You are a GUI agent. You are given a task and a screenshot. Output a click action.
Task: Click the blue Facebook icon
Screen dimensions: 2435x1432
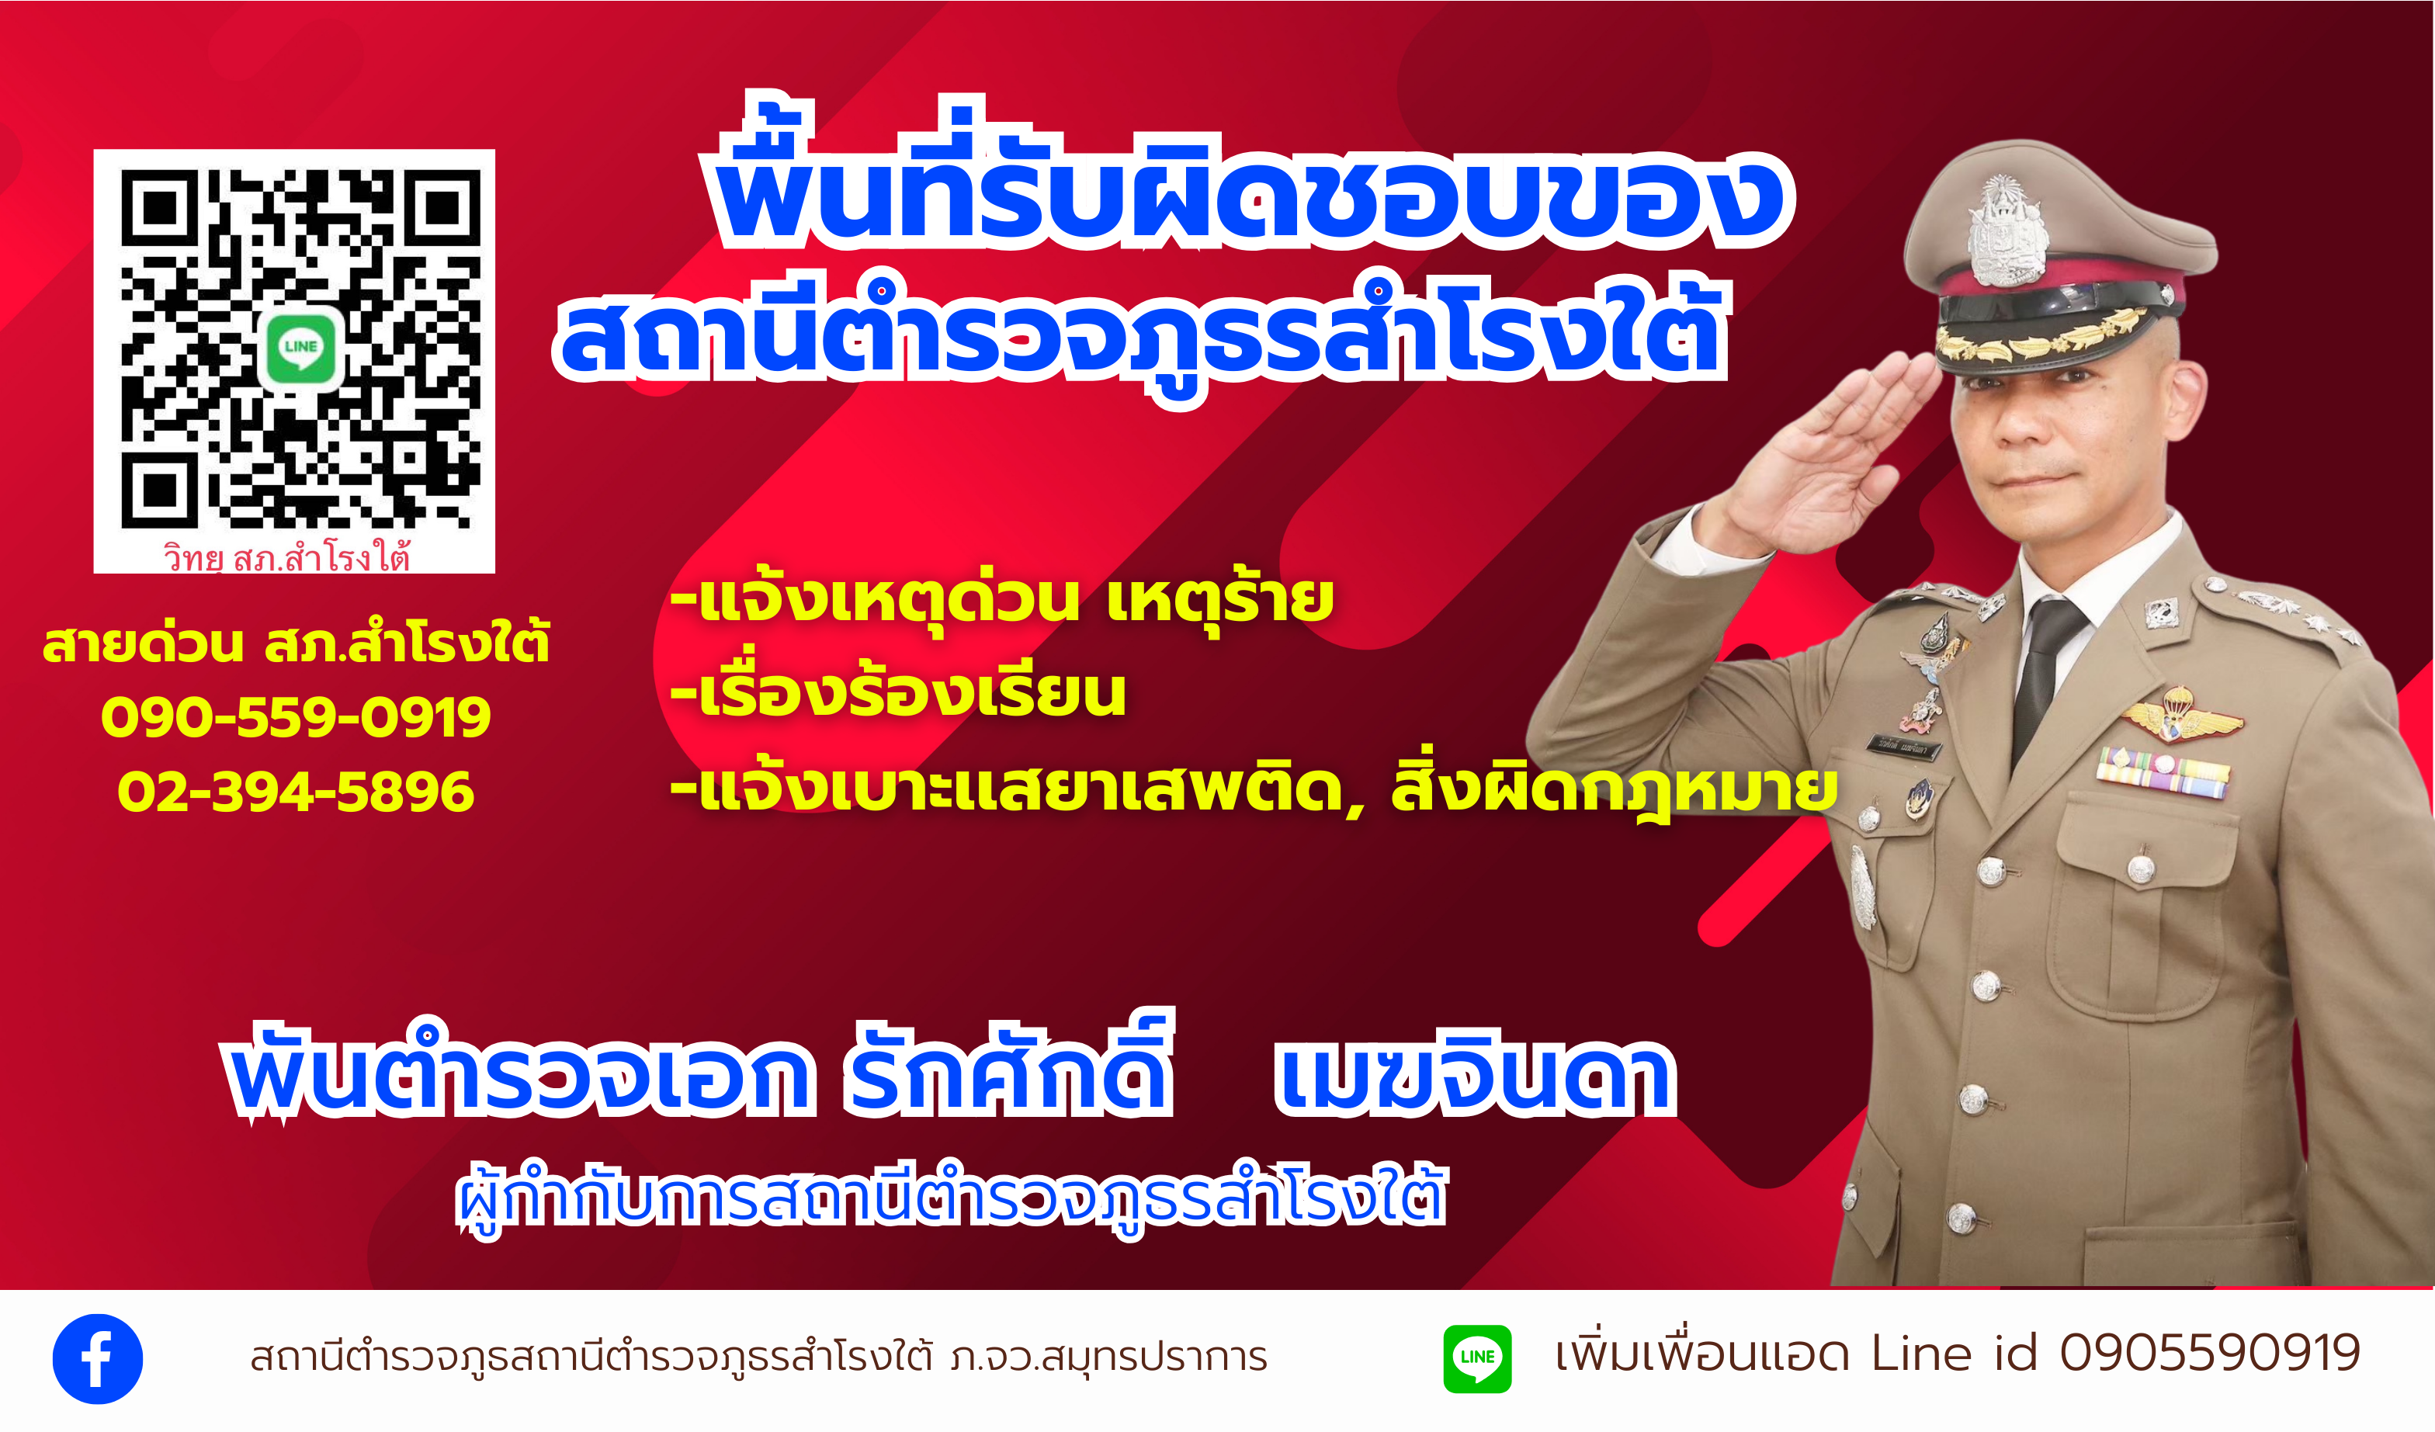(98, 1358)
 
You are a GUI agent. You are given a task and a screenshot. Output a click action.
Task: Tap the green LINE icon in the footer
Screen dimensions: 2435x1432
(1476, 1358)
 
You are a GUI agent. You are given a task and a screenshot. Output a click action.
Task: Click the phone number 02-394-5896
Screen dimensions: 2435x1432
(296, 792)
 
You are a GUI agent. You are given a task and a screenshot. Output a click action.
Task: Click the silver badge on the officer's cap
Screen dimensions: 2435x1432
(2008, 232)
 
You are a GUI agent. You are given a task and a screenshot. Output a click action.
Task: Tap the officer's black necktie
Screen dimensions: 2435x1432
(2041, 676)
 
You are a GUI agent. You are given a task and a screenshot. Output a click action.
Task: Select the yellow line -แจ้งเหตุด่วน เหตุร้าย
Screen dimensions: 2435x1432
(1002, 599)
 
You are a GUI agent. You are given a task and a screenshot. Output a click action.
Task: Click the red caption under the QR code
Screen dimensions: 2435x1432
(287, 557)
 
